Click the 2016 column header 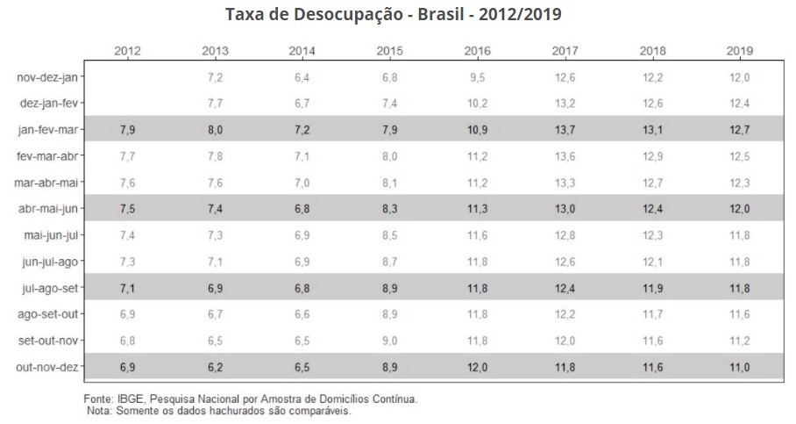point(478,51)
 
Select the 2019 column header point(740,51)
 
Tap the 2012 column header point(127,51)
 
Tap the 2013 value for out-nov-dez point(215,366)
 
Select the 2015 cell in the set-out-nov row point(389,340)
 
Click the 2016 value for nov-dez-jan point(478,77)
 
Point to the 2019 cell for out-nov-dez point(740,366)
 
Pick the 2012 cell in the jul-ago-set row point(127,287)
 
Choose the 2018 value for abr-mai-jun point(652,208)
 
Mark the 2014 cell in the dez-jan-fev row point(302,103)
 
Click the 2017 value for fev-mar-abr point(565,155)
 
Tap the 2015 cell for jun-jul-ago point(389,261)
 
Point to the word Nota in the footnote point(99,410)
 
